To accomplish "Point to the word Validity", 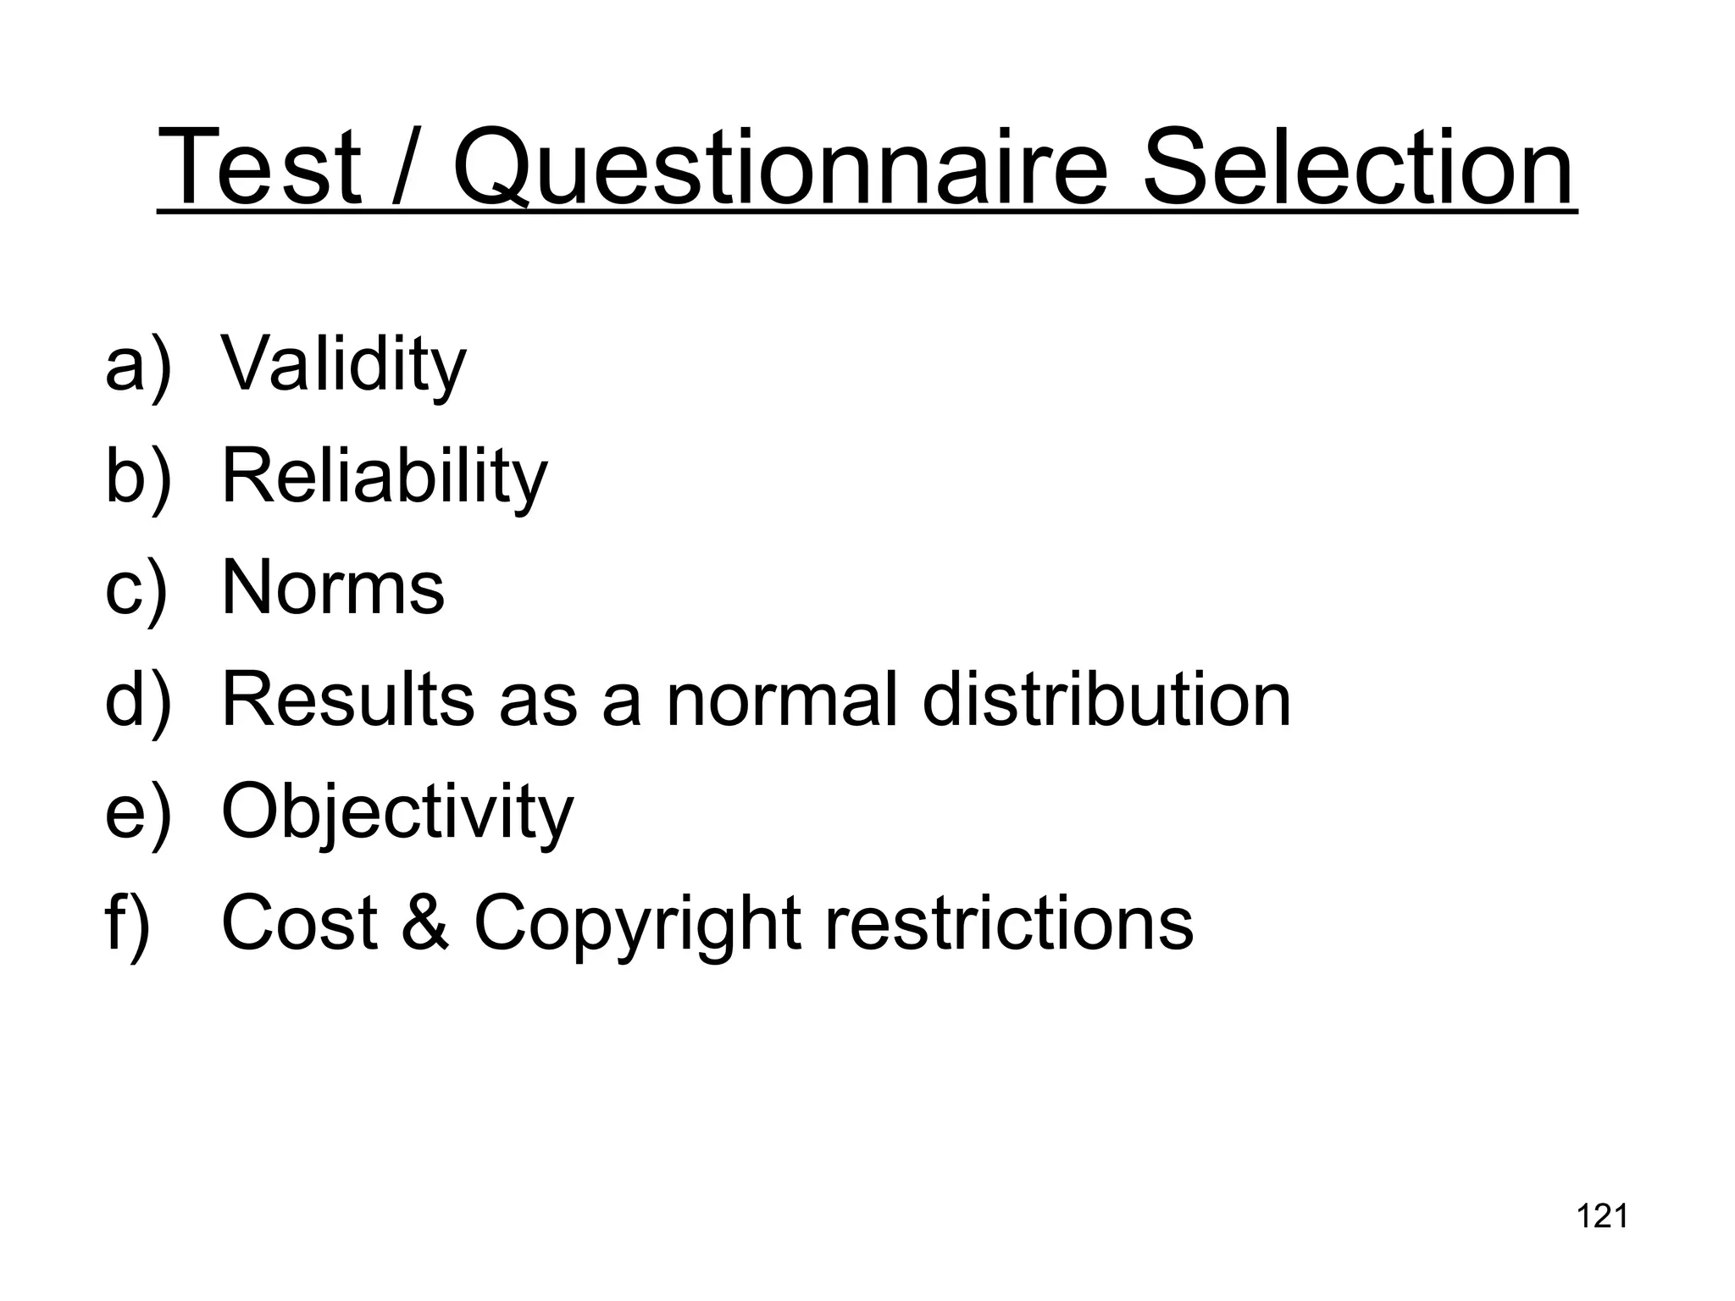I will (343, 365).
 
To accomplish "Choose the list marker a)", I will (138, 365).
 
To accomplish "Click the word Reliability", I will (384, 477).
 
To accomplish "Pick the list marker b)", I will (138, 477).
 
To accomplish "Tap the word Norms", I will (332, 588).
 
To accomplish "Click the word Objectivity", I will (396, 811).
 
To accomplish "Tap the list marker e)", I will (138, 811).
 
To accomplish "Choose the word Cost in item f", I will (299, 922).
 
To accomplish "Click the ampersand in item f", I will (425, 922).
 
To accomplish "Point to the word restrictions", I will (1009, 922).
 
